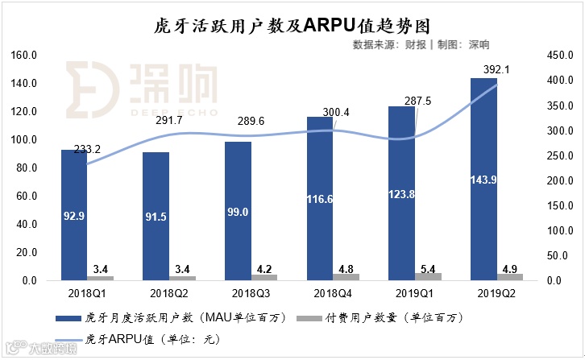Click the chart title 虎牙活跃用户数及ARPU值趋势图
(x=292, y=25)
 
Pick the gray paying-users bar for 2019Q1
(x=427, y=276)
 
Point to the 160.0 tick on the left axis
(x=24, y=56)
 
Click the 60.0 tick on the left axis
(x=26, y=197)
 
